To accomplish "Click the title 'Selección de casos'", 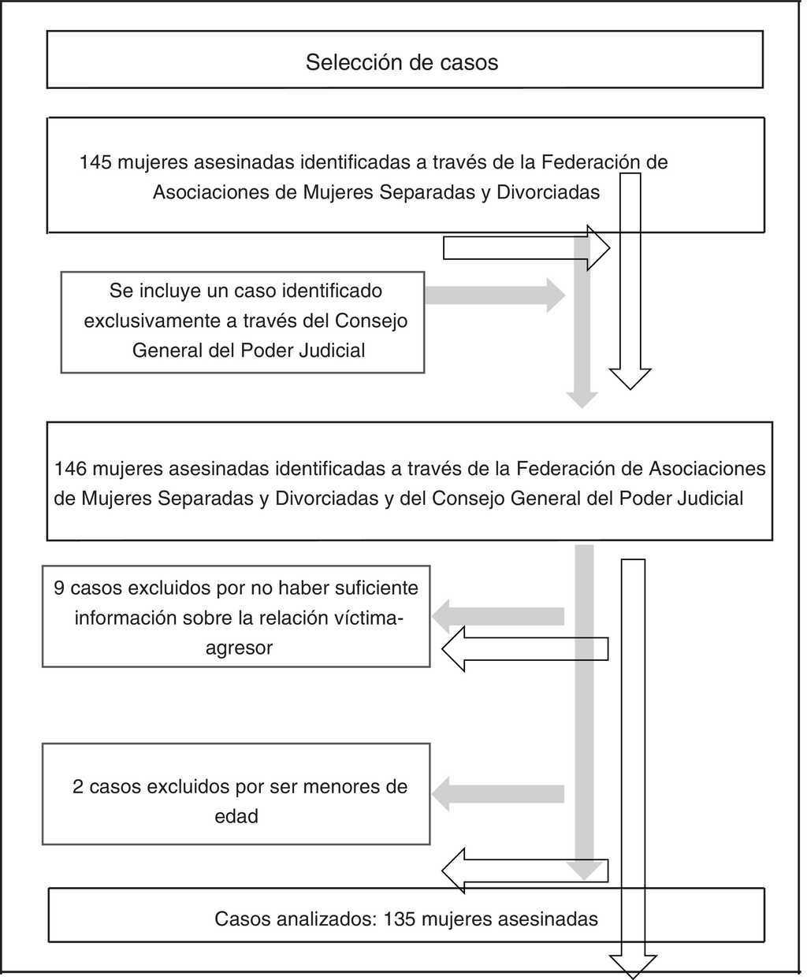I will [x=402, y=62].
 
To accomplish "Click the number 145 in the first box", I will [x=95, y=162].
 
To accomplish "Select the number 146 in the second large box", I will [x=69, y=469].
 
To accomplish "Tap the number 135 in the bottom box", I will [x=400, y=919].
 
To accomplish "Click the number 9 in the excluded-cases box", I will [x=59, y=588].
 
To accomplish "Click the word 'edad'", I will [x=236, y=816].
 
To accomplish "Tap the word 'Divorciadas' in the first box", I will [x=548, y=192].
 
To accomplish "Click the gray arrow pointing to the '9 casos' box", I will [x=498, y=616].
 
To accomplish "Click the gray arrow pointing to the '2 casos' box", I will [x=498, y=793].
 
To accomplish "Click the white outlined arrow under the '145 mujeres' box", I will [x=526, y=248].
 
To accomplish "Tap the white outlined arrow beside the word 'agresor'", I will [x=525, y=649].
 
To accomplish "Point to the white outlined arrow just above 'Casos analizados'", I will [x=525, y=870].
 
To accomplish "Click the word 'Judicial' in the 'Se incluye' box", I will [x=332, y=351].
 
